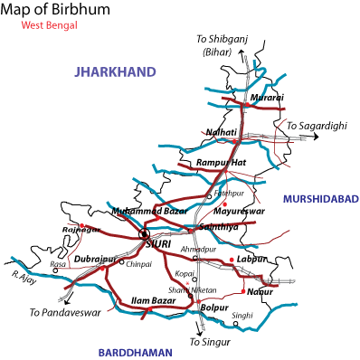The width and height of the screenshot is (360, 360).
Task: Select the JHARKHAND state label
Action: point(113,71)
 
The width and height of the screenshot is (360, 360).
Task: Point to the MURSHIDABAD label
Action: point(320,199)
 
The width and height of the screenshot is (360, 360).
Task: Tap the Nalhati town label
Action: point(222,132)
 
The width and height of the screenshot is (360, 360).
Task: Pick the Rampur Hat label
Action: point(222,163)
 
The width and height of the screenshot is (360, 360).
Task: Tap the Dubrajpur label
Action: point(95,260)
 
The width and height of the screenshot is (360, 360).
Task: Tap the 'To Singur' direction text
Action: point(209,343)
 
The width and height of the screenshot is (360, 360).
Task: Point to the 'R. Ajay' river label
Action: point(22,272)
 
